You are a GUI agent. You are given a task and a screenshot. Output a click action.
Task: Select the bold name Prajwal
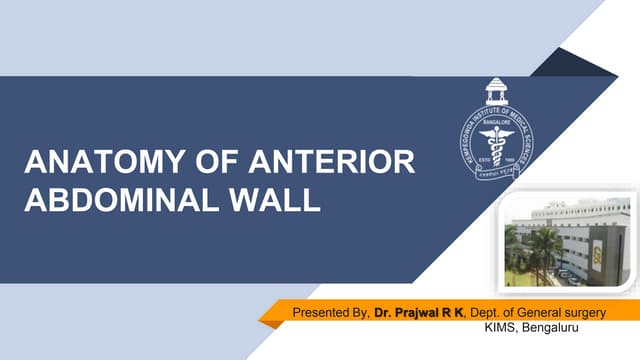[421, 314]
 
